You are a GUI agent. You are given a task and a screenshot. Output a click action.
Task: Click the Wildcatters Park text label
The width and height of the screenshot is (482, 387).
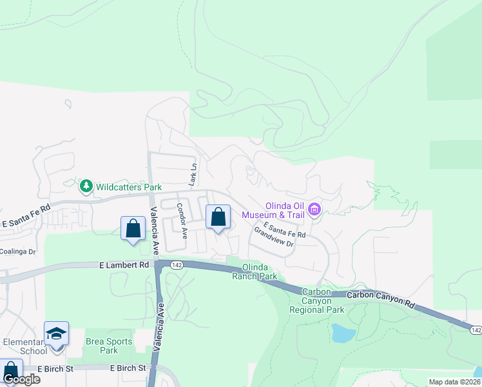point(129,187)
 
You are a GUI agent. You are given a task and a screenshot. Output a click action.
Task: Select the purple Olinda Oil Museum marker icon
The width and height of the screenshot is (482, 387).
point(314,208)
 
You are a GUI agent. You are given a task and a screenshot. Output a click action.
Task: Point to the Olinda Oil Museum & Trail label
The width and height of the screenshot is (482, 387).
point(284,210)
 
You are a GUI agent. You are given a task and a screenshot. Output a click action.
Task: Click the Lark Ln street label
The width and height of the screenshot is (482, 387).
point(191,175)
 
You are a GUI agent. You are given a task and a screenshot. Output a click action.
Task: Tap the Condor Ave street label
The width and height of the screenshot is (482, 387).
point(182,221)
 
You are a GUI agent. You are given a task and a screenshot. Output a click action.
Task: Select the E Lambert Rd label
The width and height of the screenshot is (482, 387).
point(124,265)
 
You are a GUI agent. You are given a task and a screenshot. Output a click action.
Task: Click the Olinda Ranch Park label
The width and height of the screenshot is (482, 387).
point(259,272)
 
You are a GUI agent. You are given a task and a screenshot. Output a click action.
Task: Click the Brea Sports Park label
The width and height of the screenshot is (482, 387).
point(109,346)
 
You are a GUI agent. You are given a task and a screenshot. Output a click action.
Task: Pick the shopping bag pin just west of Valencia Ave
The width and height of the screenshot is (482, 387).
point(133,228)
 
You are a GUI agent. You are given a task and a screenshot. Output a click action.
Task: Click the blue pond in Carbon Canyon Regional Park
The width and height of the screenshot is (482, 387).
point(342,333)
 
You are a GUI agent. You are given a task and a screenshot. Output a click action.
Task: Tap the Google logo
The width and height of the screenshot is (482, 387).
point(21,379)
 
